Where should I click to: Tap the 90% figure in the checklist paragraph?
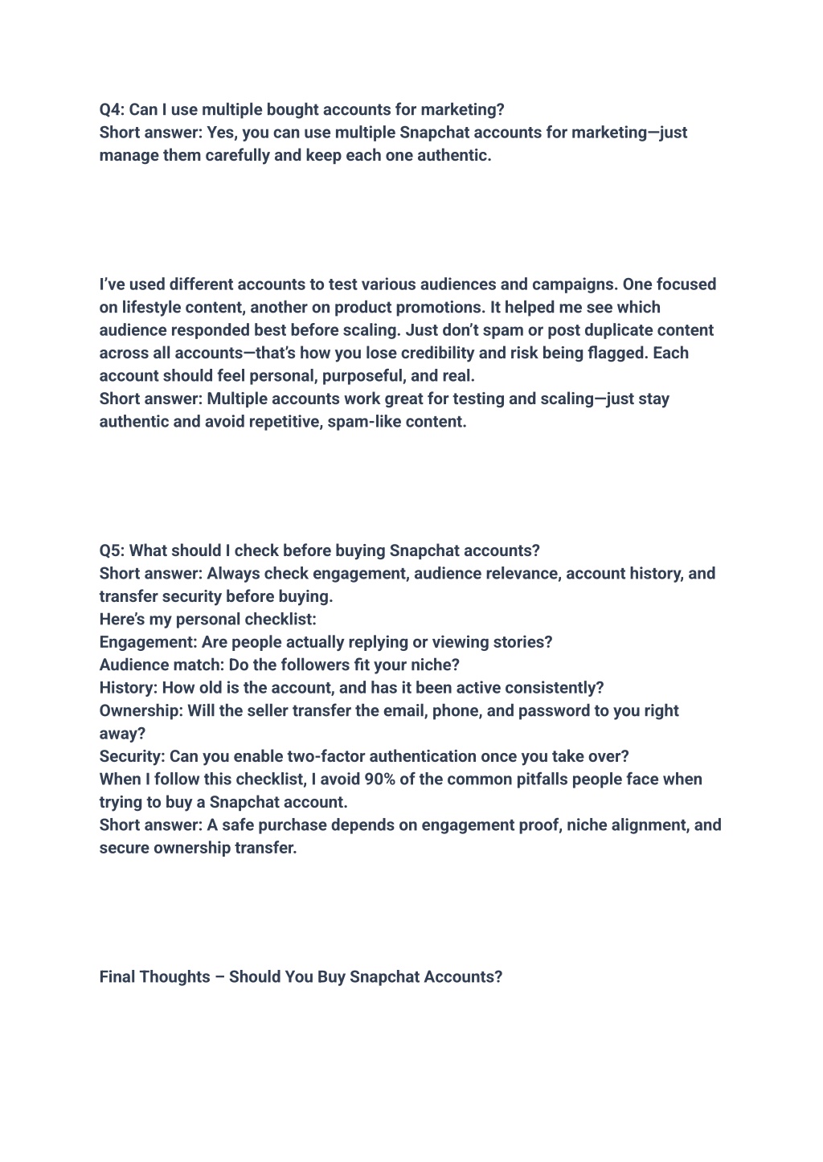pos(379,779)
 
